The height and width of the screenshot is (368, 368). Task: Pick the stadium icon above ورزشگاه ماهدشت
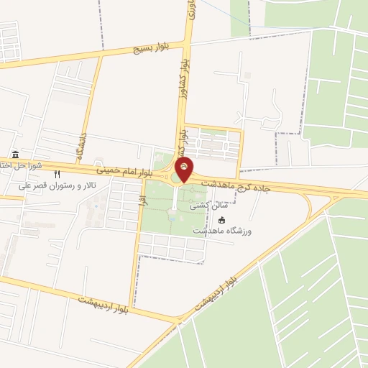[x=221, y=219]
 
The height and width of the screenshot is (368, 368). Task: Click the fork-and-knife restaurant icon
[x=57, y=174]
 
